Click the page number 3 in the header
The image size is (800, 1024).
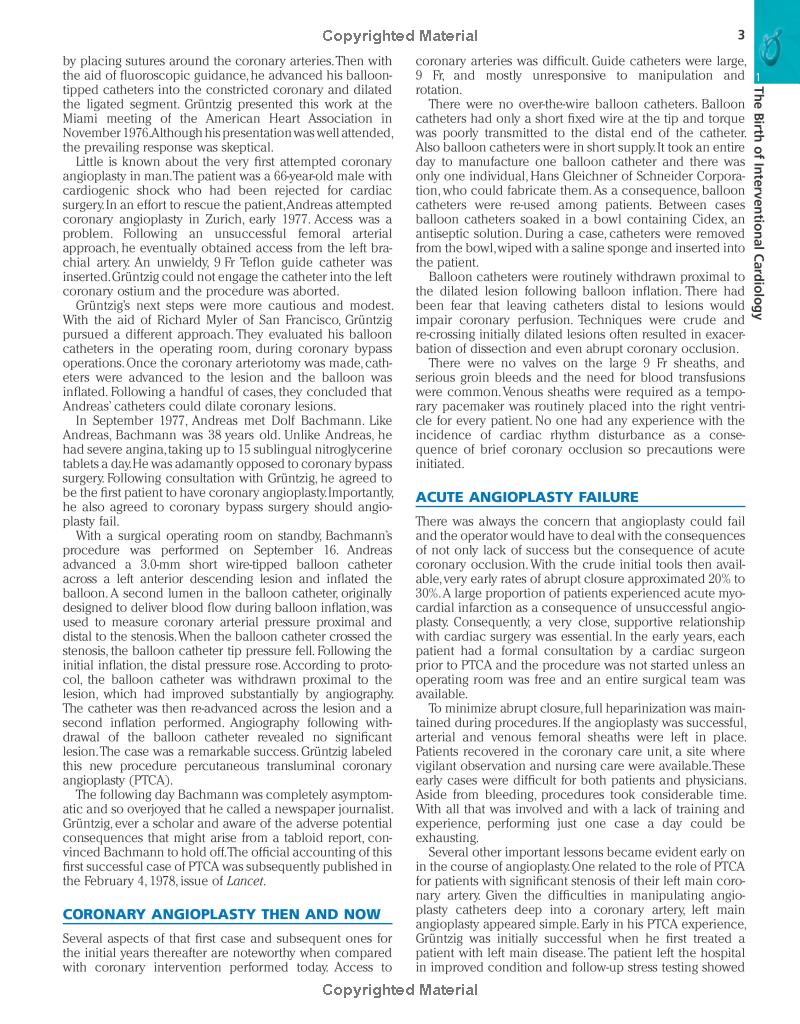(741, 36)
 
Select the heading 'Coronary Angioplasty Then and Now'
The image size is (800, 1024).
(221, 914)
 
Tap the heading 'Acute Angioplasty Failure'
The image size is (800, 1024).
(526, 497)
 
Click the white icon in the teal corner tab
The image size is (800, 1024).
(773, 44)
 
